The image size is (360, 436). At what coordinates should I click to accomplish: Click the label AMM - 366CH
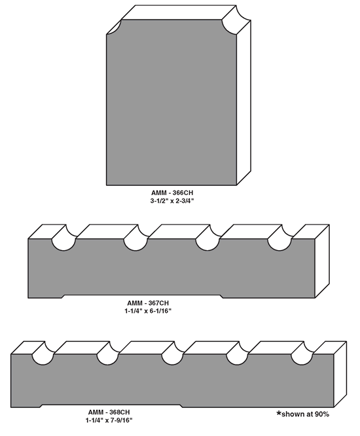pos(172,192)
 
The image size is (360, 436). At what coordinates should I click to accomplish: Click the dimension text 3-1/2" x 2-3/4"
pos(172,200)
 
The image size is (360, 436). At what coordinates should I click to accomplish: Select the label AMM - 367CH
pos(148,303)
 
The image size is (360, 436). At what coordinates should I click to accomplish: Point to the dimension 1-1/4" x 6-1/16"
pos(148,310)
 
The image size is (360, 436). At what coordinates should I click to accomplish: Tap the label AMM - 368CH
pos(109,412)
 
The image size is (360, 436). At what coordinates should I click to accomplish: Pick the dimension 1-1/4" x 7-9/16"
pos(109,420)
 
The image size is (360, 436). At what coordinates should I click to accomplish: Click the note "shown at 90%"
pos(305,414)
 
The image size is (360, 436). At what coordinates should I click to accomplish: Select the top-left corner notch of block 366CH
pos(114,27)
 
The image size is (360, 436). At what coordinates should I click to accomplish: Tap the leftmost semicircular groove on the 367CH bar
pos(64,240)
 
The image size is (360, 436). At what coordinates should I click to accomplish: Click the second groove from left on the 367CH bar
pos(136,240)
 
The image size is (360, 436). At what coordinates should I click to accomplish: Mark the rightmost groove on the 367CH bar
pos(280,240)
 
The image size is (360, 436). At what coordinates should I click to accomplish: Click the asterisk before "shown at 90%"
pos(279,413)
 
